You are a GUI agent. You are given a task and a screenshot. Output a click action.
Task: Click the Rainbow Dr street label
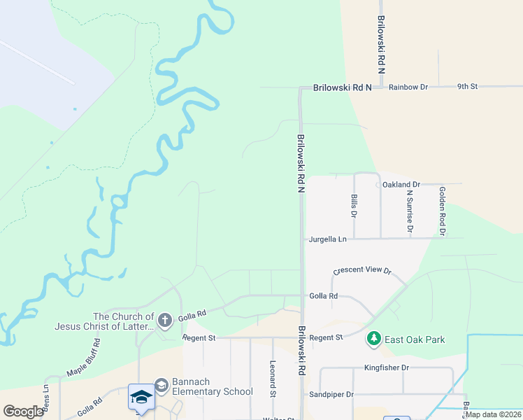(408, 87)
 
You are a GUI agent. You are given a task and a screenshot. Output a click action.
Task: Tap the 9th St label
(467, 87)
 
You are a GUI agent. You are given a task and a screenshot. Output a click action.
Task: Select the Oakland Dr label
(401, 184)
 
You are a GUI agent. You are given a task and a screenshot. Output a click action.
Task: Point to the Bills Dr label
(354, 206)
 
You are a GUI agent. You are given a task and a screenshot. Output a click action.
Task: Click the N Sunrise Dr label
(410, 211)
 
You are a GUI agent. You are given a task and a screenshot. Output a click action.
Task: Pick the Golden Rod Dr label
(443, 210)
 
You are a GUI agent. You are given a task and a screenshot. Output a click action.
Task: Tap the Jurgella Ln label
(328, 239)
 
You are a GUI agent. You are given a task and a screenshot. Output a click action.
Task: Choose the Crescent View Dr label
(362, 270)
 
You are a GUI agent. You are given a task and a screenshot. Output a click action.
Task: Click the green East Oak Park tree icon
(374, 339)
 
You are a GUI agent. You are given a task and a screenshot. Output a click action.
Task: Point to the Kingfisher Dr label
(386, 367)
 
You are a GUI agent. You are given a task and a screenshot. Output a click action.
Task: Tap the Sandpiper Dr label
(331, 395)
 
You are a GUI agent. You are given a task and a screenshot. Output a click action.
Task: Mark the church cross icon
(165, 321)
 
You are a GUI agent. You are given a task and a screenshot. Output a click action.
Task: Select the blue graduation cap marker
(141, 397)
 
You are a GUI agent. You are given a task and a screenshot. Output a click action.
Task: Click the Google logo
(23, 412)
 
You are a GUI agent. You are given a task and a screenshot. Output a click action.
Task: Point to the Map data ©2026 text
(493, 414)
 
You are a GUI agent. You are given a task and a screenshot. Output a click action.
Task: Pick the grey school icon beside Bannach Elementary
(162, 385)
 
